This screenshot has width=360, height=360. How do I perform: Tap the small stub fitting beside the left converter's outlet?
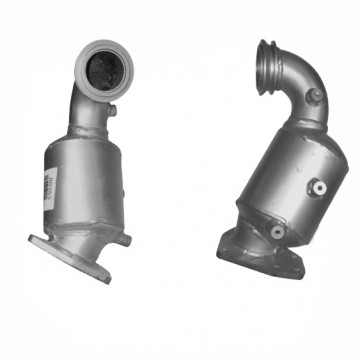tap(123, 241)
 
